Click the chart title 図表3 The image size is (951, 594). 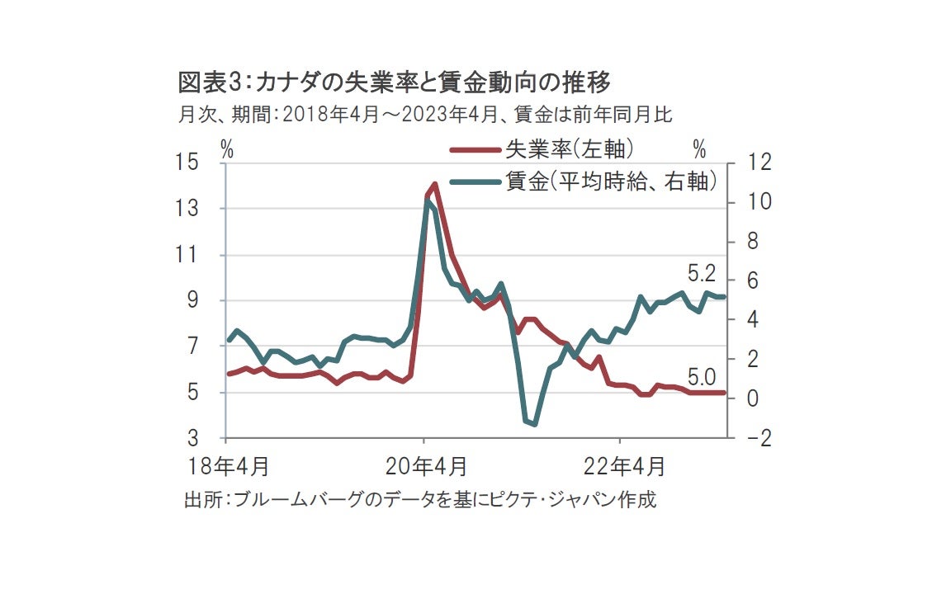pos(394,82)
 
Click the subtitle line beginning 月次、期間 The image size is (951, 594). pos(425,114)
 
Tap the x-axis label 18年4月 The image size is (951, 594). pos(229,466)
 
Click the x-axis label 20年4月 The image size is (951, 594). pos(427,466)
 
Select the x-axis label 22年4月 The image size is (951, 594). pos(624,466)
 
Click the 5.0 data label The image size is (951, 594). pos(702,379)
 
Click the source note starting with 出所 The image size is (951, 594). pos(420,499)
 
